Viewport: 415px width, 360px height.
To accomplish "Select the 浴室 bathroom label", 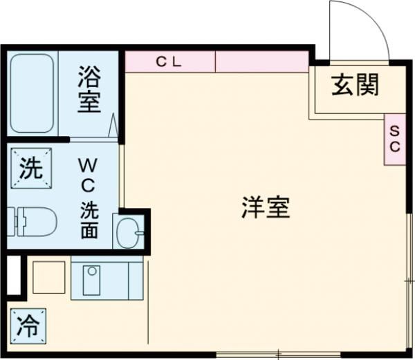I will pos(89,89).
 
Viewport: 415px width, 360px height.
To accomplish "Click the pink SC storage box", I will pos(394,138).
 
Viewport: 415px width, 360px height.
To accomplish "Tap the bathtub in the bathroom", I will pos(33,93).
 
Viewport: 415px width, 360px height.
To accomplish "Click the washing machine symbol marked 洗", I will pos(30,169).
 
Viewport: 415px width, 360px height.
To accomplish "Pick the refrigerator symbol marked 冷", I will pos(28,324).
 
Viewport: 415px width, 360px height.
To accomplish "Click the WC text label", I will pos(90,176).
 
